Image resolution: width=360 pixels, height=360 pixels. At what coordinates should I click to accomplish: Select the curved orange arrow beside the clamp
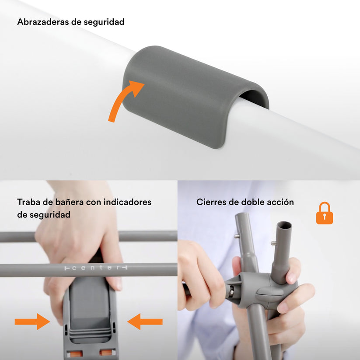[125, 100]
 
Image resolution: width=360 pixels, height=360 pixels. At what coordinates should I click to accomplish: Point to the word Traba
[29, 202]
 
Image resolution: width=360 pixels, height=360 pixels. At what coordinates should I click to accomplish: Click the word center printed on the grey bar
[96, 268]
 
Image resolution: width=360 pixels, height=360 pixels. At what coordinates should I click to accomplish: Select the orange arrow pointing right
[32, 322]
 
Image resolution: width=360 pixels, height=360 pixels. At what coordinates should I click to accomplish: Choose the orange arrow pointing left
[145, 322]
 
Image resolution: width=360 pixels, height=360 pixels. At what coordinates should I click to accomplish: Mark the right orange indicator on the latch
[107, 352]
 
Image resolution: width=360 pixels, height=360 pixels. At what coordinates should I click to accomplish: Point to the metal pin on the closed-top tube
[237, 237]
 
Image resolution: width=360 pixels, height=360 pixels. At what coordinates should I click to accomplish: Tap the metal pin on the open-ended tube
[274, 243]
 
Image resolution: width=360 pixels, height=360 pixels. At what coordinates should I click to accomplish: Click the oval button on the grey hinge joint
[268, 294]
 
